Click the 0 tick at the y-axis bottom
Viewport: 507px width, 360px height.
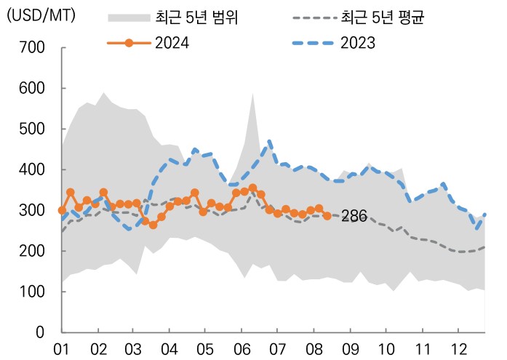click(x=41, y=333)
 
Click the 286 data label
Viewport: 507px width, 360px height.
click(x=354, y=216)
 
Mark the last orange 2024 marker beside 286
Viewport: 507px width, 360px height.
click(x=327, y=216)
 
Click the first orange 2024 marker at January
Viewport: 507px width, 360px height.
click(x=62, y=210)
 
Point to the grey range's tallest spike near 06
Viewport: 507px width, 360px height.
click(x=252, y=94)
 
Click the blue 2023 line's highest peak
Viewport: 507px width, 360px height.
click(x=270, y=142)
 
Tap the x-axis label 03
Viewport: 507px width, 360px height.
click(x=133, y=349)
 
